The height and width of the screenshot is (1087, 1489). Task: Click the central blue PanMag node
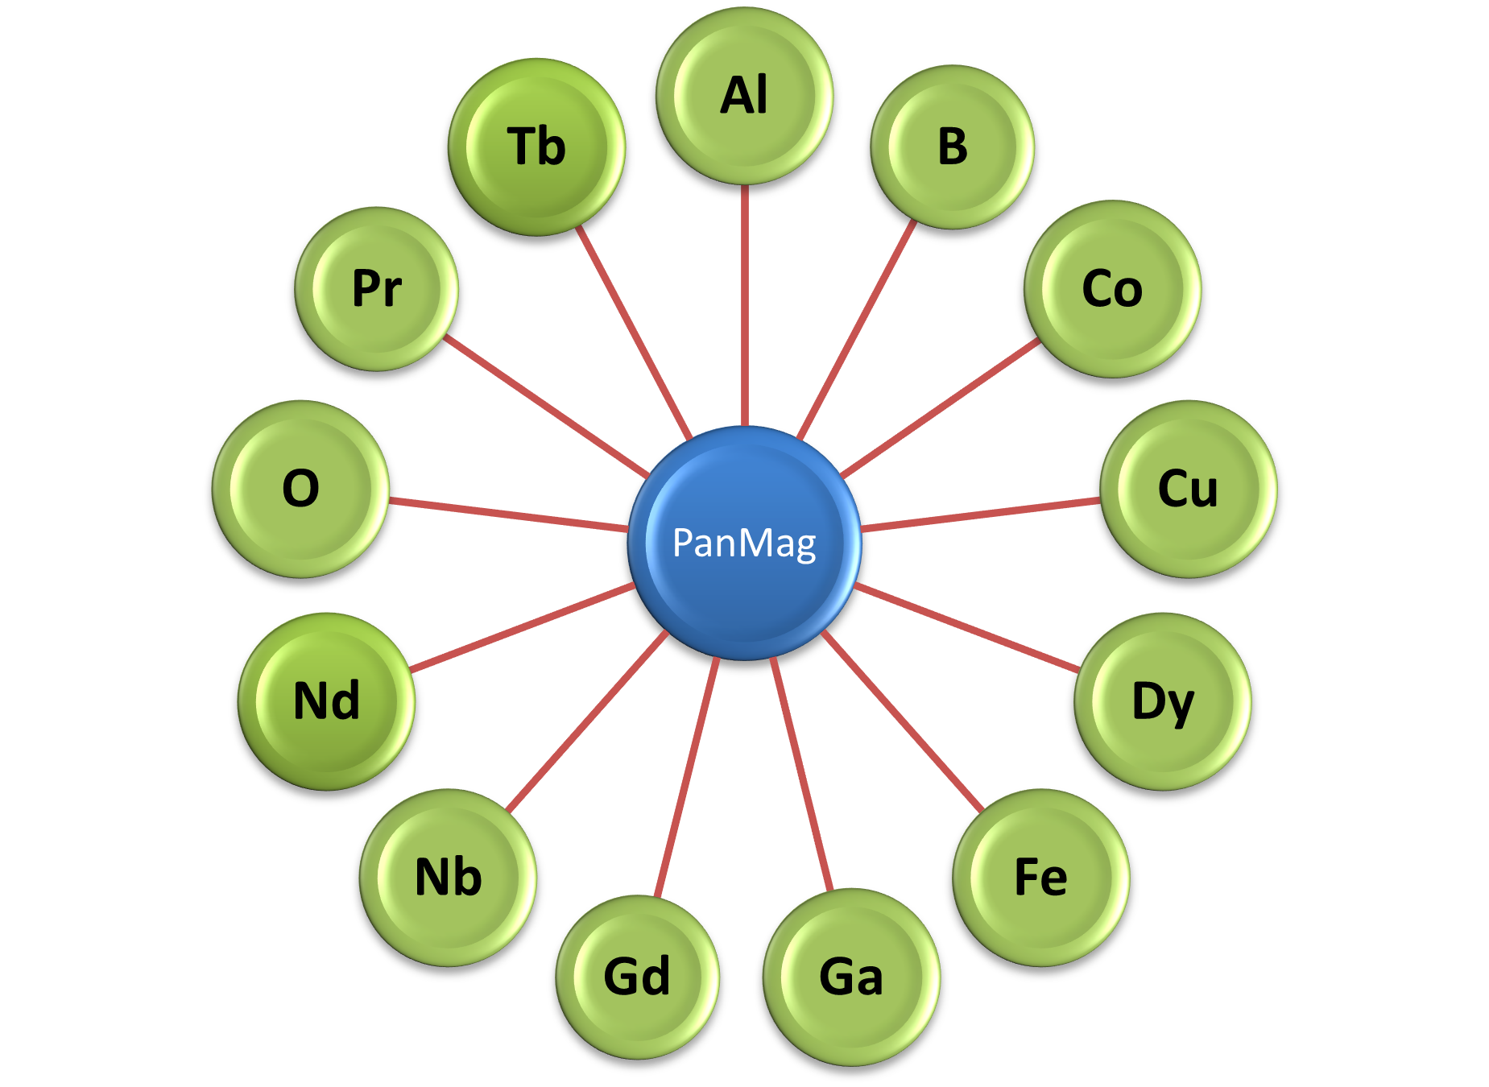point(744,543)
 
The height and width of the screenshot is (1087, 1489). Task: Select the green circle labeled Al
point(744,96)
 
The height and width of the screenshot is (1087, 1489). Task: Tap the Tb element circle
point(536,147)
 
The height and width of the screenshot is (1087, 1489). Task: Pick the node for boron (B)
point(952,147)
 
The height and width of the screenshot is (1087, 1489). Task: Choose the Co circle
point(1112,288)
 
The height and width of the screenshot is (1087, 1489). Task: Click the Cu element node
point(1188,489)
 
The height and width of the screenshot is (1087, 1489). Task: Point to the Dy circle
point(1162,701)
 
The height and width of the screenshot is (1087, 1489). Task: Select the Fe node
point(1040,877)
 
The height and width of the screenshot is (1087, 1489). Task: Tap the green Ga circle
point(851,977)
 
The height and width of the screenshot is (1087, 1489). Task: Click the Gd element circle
point(637,977)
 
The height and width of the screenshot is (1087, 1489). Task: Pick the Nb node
point(448,877)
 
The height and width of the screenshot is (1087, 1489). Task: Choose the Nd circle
point(326,701)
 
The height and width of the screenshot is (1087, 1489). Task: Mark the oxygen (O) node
point(300,489)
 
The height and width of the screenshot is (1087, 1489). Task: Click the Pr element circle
point(377,288)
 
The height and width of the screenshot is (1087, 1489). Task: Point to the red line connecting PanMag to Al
point(745,306)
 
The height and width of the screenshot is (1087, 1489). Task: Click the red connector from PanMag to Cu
point(981,515)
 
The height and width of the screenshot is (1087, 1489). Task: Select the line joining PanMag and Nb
point(588,720)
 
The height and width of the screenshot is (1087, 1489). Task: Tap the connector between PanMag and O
point(507,515)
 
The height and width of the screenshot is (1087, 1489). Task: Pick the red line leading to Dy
point(966,627)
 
